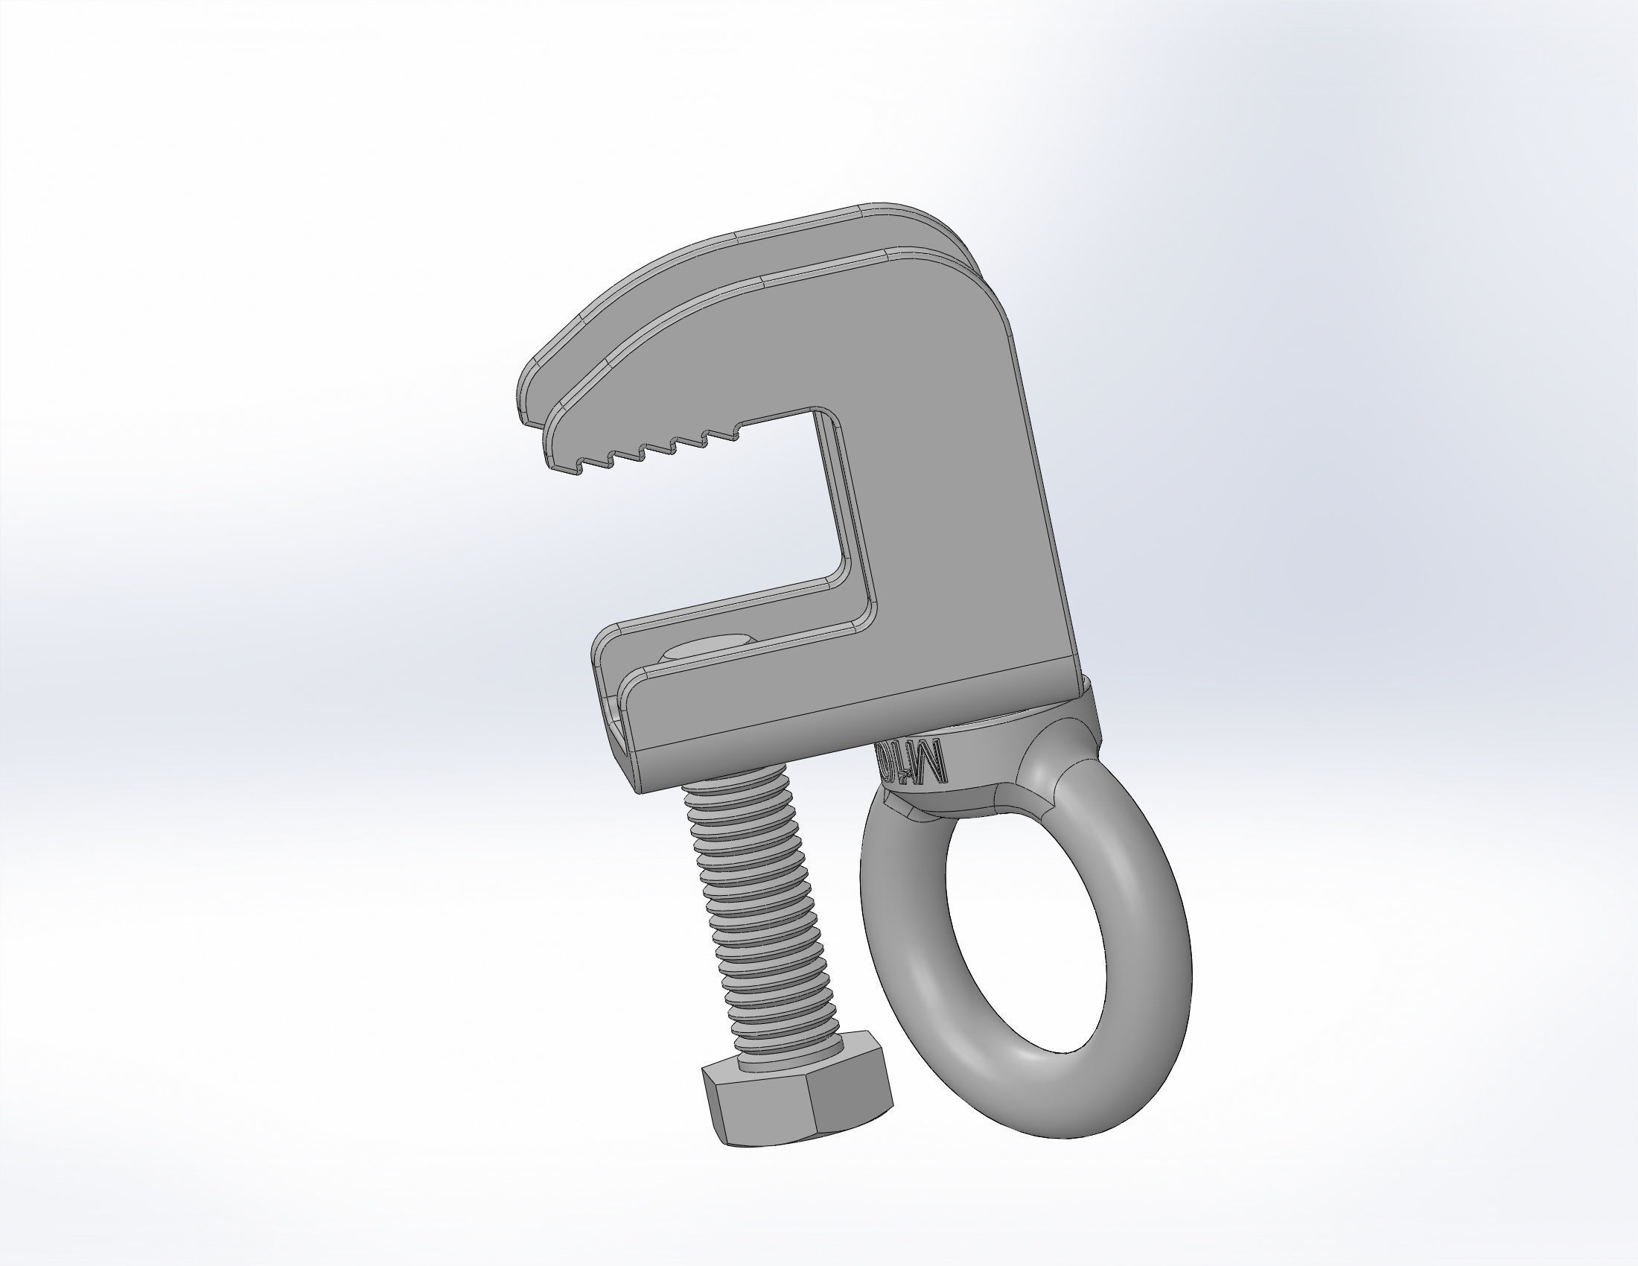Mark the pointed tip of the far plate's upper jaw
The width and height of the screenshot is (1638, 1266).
click(x=525, y=416)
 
